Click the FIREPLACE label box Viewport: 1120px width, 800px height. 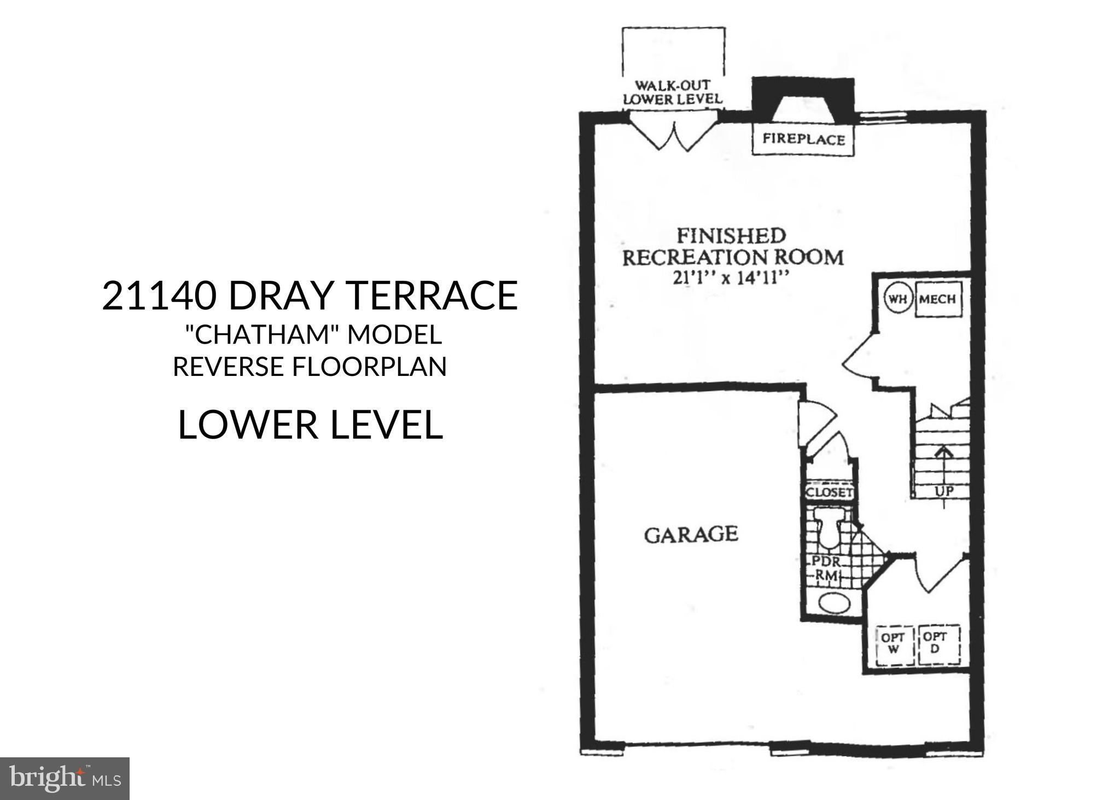[x=803, y=140]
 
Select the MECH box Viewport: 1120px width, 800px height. [x=937, y=299]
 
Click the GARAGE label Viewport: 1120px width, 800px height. [x=691, y=534]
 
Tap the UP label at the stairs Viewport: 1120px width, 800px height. [x=944, y=491]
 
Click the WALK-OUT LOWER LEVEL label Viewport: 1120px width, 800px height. [x=673, y=92]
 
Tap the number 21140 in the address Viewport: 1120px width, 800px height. [x=157, y=295]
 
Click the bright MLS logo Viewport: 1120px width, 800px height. [x=65, y=778]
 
